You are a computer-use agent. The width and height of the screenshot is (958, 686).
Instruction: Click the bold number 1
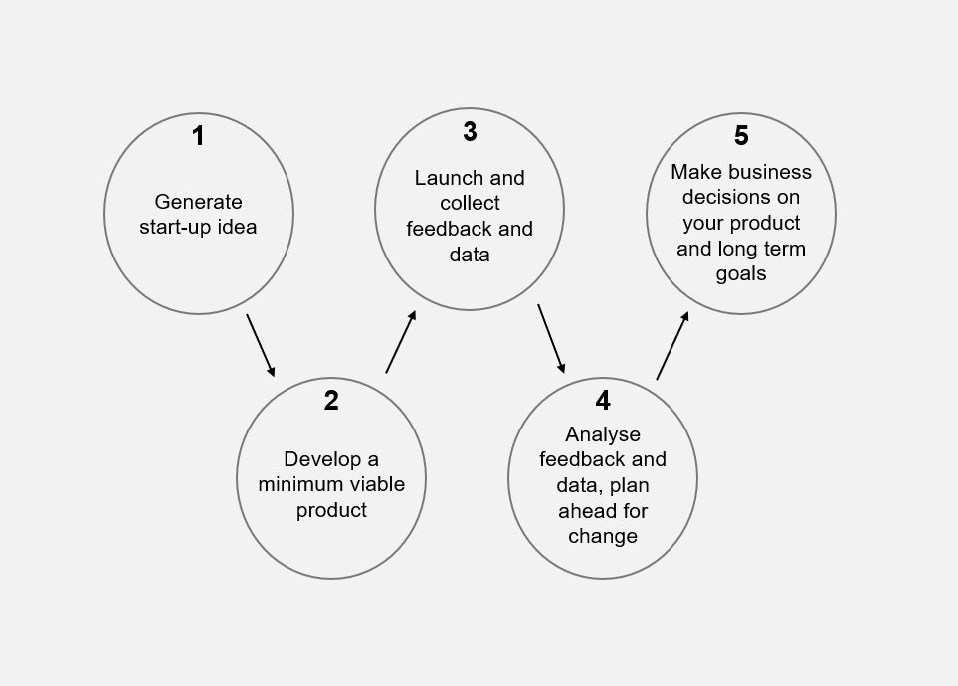click(198, 135)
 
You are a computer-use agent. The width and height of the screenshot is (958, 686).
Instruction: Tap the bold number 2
click(331, 400)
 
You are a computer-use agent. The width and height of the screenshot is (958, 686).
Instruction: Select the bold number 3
click(470, 131)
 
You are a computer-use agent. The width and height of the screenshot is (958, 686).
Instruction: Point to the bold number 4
click(603, 400)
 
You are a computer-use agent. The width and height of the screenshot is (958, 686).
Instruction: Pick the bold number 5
click(741, 135)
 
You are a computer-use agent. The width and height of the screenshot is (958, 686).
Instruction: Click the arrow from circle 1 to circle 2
click(261, 345)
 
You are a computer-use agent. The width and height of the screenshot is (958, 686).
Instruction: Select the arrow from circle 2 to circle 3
click(401, 341)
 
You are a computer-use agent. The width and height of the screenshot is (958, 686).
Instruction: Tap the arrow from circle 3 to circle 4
click(551, 338)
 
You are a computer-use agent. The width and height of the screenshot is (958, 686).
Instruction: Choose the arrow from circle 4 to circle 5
click(672, 346)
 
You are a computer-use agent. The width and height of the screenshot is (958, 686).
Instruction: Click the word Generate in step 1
click(199, 202)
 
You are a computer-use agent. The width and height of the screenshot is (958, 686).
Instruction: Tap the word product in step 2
click(331, 510)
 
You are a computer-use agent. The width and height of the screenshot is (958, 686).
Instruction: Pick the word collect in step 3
click(470, 203)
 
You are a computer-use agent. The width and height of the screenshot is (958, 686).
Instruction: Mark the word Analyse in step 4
click(603, 434)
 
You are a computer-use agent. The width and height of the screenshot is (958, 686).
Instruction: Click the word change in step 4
click(603, 536)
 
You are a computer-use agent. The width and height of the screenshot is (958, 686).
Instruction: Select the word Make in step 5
click(696, 172)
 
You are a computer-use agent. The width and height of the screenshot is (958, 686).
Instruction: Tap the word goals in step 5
click(741, 273)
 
